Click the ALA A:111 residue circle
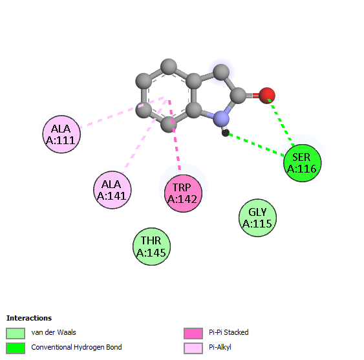61,134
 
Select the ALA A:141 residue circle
112,190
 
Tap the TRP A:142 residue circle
183,193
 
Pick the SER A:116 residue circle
303,163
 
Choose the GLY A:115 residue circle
258,218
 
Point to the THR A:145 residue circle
151,246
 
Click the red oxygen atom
267,96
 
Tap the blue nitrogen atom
221,119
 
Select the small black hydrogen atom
226,133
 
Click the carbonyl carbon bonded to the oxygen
238,96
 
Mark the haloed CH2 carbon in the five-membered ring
221,72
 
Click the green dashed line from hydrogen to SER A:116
256,144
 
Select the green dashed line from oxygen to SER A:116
281,122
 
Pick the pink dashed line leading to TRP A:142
175,135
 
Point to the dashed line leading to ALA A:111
122,112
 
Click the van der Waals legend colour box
16,334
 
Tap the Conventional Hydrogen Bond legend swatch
16,348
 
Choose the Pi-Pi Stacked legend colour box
193,334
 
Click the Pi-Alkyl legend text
220,348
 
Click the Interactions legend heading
29,318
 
